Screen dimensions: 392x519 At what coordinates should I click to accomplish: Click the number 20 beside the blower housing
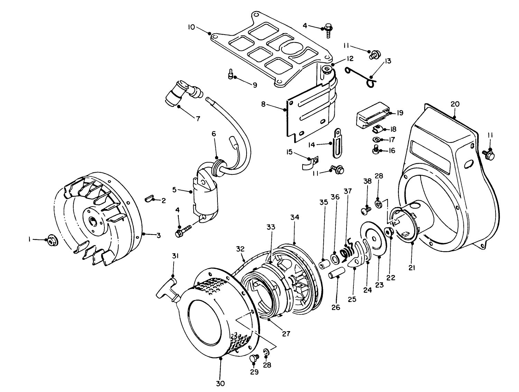(455, 104)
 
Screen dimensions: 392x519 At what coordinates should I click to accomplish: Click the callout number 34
(295, 217)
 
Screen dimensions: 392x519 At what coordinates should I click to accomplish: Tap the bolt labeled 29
(253, 359)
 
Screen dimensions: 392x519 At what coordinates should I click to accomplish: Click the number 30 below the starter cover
(221, 383)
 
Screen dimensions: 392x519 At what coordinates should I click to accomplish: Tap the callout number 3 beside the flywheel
(158, 236)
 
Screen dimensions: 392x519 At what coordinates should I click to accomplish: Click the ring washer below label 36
(335, 258)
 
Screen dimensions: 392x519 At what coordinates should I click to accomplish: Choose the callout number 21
(412, 267)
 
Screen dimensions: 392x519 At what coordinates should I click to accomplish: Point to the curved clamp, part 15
(309, 164)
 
